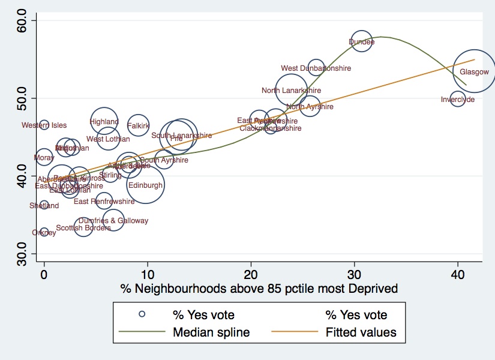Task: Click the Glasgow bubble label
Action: pyautogui.click(x=474, y=72)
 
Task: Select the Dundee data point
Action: pyautogui.click(x=361, y=42)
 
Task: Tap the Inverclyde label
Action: pyautogui.click(x=458, y=100)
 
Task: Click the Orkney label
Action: pyautogui.click(x=44, y=233)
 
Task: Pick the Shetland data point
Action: pyautogui.click(x=44, y=205)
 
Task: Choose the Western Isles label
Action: pyautogui.click(x=44, y=125)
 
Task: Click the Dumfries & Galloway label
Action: pyautogui.click(x=113, y=221)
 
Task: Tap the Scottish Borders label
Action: pyautogui.click(x=83, y=228)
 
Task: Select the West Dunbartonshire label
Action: pyautogui.click(x=316, y=68)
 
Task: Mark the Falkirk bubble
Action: pyautogui.click(x=138, y=125)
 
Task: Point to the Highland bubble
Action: pyautogui.click(x=104, y=121)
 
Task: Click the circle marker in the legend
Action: pyautogui.click(x=142, y=314)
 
